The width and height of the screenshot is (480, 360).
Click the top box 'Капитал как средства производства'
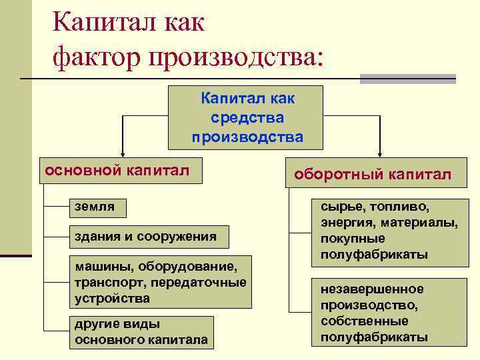click(x=247, y=117)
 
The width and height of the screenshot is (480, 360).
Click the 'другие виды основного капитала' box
click(x=141, y=332)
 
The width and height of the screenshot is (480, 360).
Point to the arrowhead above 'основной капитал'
click(x=121, y=153)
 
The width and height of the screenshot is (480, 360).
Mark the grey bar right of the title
click(x=407, y=78)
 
